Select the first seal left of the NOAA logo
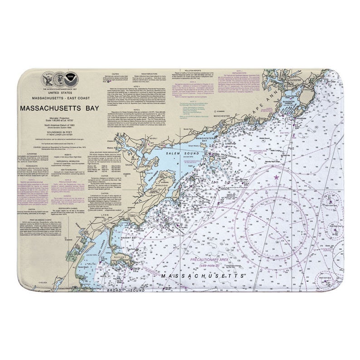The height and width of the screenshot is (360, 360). (x=58, y=78)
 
